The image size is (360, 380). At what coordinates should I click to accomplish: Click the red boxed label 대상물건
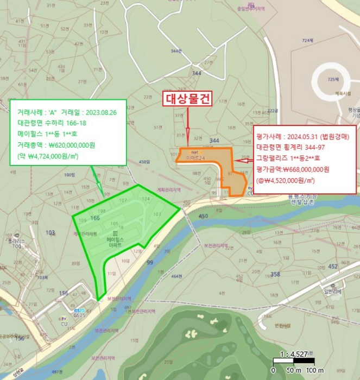(x=187, y=99)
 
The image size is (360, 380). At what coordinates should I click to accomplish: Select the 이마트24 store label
(x=194, y=157)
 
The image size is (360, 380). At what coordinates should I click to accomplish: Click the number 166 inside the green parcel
(x=95, y=218)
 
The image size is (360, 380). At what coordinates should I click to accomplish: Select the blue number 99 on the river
(x=149, y=262)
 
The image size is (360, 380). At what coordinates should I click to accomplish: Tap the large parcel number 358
(x=275, y=275)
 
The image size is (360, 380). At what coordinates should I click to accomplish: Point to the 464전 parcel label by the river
(x=176, y=277)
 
